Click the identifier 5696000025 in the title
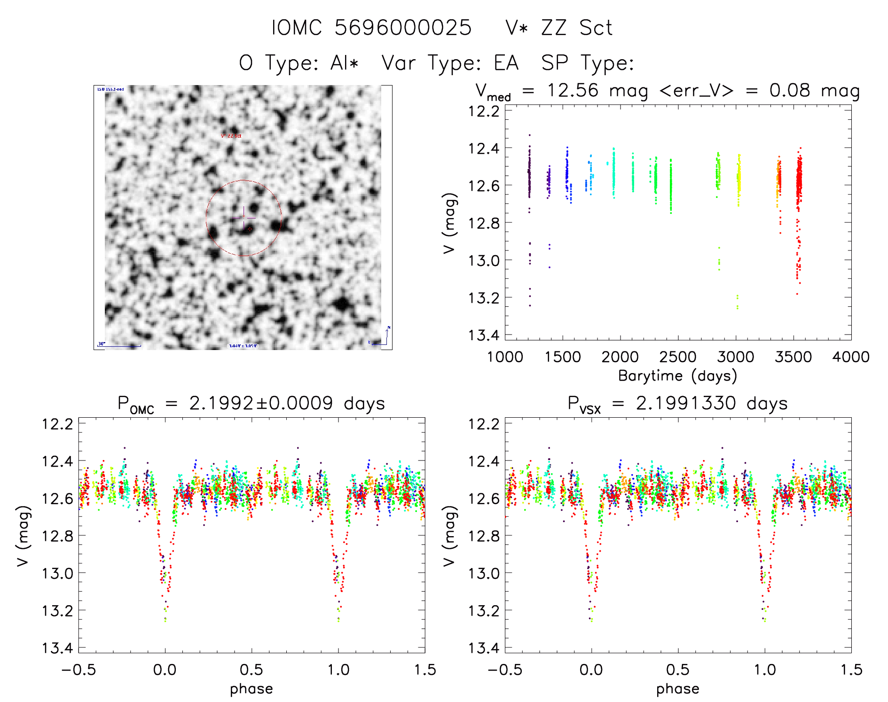coord(403,28)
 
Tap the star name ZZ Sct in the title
coord(577,28)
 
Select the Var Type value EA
coord(506,63)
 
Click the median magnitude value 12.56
coord(573,90)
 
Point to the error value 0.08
coord(790,90)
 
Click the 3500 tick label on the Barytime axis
coord(793,357)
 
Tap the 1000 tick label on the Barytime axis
coord(505,357)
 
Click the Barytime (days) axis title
coord(677,376)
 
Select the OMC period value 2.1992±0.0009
coord(261,403)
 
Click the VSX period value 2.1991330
coord(686,403)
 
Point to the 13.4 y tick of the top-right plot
coord(484,335)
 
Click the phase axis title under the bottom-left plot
coord(251,689)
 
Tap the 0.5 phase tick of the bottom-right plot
coord(677,670)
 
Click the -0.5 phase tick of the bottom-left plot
coord(79,670)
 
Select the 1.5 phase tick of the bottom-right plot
coord(851,670)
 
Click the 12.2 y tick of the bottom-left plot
coord(58,424)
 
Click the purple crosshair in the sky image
coord(244,218)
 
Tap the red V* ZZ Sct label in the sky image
coord(231,136)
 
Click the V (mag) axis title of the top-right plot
coord(450,223)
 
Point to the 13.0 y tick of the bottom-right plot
coord(484,573)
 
